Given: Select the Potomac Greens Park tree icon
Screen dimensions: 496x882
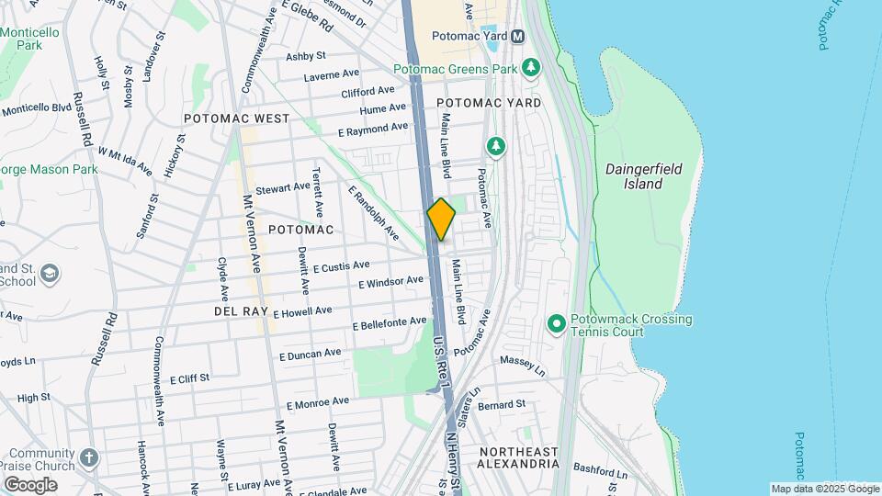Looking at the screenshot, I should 530,68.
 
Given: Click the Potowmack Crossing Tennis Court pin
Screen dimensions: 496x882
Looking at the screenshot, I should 556,324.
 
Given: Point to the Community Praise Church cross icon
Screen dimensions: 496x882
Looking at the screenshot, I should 88,457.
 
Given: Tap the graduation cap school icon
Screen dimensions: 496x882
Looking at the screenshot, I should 50,274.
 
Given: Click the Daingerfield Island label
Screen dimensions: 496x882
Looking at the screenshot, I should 634,176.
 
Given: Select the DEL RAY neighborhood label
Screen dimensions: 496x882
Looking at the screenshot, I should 241,311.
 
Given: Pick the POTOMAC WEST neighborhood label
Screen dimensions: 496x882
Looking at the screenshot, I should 236,118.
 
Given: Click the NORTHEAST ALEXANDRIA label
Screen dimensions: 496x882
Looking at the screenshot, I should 518,457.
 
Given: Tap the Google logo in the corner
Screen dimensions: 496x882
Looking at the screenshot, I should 29,484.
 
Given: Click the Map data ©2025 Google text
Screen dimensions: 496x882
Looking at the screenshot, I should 824,489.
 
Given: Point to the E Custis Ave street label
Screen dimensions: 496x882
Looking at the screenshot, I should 341,266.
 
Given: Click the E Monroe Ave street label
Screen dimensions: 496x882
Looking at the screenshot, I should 318,402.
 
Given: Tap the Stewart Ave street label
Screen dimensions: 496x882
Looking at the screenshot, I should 282,187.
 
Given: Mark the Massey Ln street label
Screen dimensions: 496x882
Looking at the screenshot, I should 523,366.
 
